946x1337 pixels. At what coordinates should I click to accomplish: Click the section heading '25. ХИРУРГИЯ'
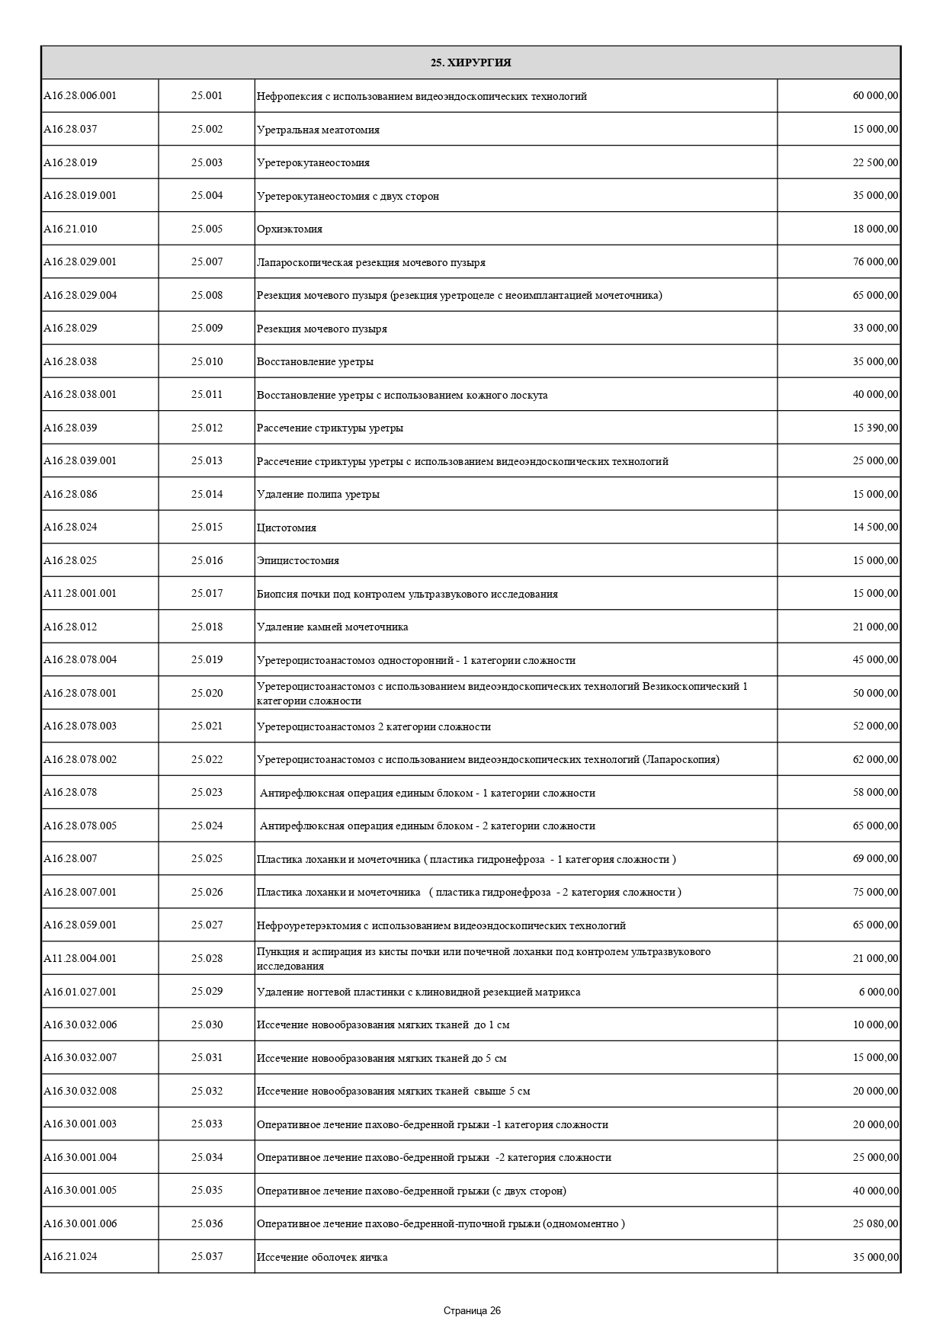[470, 63]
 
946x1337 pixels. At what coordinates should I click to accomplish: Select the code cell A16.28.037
[70, 130]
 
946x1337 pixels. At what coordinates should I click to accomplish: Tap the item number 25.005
[207, 229]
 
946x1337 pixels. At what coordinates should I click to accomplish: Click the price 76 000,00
[875, 262]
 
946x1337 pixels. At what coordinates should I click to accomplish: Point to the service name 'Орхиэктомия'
[290, 229]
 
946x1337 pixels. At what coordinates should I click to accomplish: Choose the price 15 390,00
[875, 428]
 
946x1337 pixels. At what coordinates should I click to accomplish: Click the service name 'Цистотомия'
[287, 527]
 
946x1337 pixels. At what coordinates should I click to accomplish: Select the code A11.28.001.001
[80, 594]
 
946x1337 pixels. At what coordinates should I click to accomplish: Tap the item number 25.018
[207, 627]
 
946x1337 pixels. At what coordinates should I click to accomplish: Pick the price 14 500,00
[875, 527]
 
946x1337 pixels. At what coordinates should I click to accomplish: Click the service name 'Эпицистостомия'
[298, 561]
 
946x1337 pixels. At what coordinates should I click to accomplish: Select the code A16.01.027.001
[80, 992]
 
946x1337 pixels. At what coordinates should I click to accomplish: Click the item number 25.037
[207, 1256]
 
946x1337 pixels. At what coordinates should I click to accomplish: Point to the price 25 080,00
[875, 1223]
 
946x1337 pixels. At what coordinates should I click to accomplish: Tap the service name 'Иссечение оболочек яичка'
[322, 1257]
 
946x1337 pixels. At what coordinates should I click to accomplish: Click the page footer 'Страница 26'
[472, 1311]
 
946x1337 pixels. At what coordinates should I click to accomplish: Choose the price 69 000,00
[875, 859]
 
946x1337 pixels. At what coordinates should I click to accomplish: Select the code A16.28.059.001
[80, 925]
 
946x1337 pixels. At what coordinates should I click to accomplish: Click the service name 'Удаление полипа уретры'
[318, 495]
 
